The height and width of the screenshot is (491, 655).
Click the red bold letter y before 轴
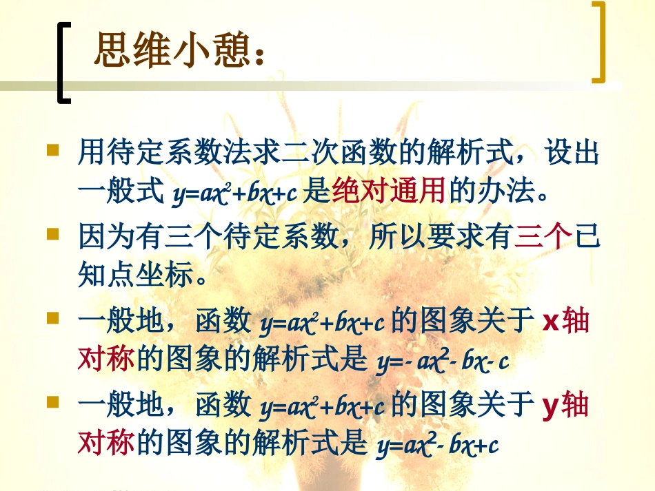click(x=550, y=406)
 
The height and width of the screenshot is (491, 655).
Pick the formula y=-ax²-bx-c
click(x=442, y=362)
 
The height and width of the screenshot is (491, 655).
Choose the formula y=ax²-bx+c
click(x=437, y=446)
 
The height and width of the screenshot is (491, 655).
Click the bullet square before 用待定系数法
click(x=52, y=149)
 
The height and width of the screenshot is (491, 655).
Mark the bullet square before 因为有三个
click(x=52, y=234)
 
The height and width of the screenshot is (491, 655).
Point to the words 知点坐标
click(x=135, y=276)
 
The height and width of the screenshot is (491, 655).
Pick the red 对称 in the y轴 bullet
click(x=106, y=444)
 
